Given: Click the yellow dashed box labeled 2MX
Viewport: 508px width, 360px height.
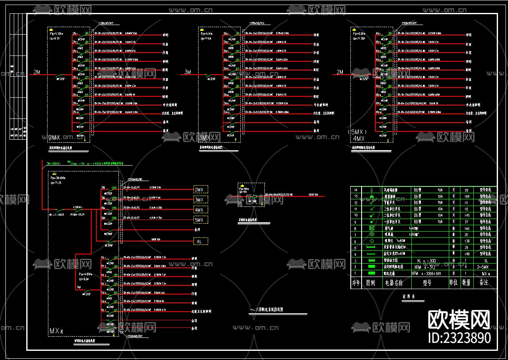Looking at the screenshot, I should click(201, 190).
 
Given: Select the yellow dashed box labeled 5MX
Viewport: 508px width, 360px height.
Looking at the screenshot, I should click(201, 220).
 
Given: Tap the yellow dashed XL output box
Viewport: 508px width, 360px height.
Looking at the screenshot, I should click(201, 241).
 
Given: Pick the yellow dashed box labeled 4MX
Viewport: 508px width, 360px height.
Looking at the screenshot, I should click(201, 210).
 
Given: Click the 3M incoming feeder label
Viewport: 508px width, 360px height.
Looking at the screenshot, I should click(188, 72).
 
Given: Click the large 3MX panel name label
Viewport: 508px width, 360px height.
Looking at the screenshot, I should click(204, 138).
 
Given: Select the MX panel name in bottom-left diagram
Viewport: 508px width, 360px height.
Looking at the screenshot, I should click(56, 331).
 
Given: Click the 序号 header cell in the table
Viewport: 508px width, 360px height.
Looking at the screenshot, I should click(356, 282).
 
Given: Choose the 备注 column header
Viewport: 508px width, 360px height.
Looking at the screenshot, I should click(483, 282).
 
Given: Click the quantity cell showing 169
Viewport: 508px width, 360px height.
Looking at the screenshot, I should click(467, 196).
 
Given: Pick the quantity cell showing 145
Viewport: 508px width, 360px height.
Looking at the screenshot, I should click(467, 215).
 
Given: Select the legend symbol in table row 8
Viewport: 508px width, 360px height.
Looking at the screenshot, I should click(371, 229).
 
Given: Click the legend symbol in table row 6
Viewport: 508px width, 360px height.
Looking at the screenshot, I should click(371, 242).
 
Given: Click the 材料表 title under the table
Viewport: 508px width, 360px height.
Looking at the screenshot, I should click(408, 297).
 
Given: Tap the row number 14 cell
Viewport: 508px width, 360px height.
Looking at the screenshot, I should click(356, 190).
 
